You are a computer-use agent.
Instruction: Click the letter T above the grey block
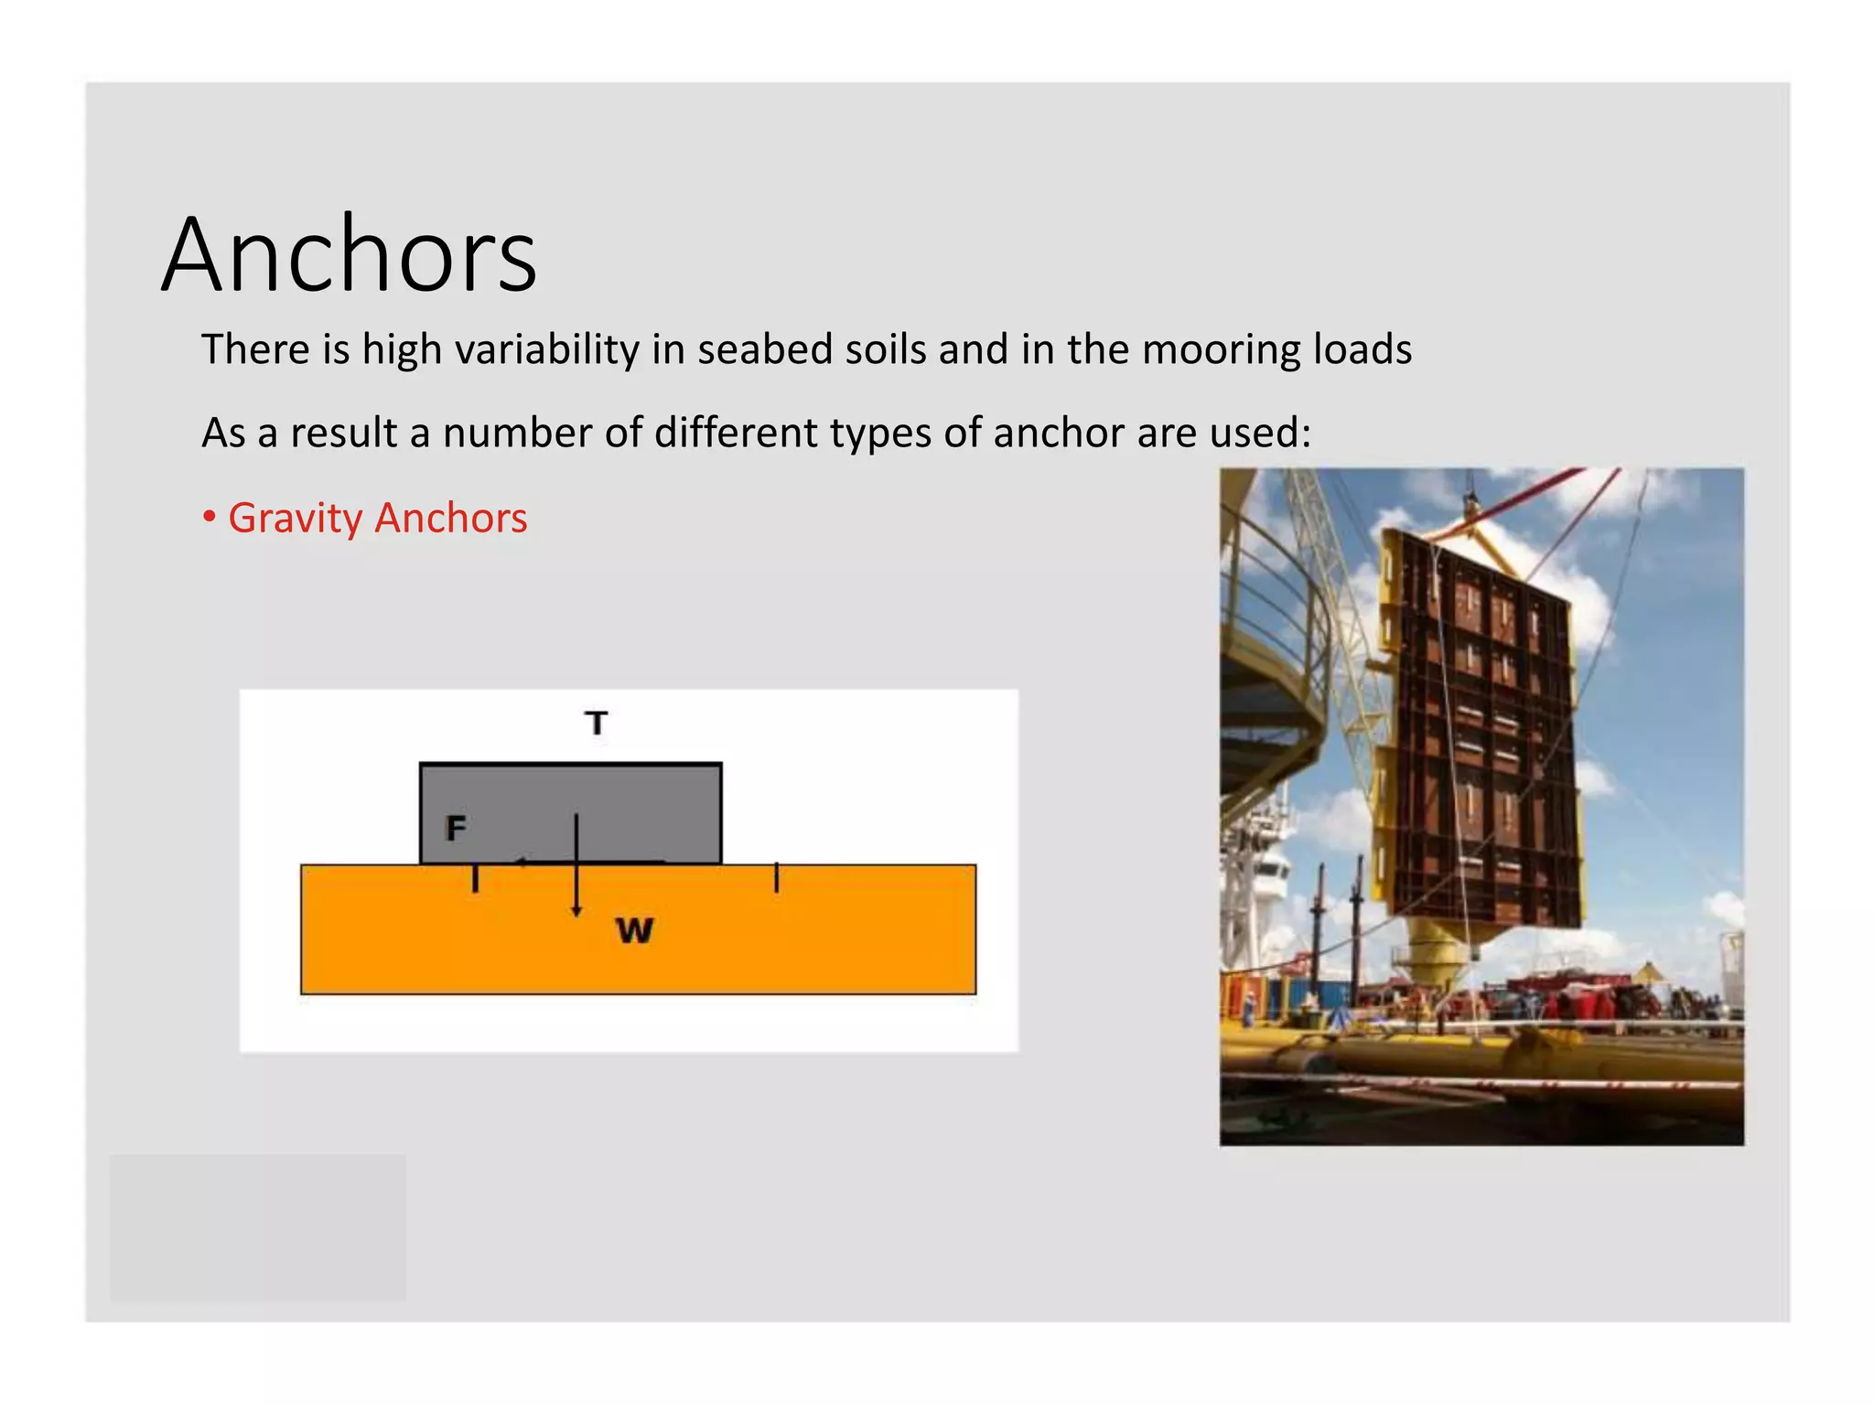tap(597, 723)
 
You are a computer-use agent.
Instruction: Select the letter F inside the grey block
tap(456, 828)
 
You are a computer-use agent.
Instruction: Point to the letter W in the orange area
tap(634, 930)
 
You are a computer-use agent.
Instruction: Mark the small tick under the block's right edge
tap(777, 878)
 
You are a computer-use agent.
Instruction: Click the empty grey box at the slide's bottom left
tap(258, 1227)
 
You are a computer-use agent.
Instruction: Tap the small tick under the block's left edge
tap(475, 879)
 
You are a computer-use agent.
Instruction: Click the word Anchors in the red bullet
tap(451, 519)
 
